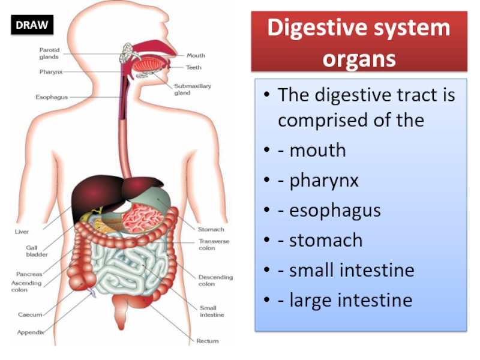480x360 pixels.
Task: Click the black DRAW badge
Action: pyautogui.click(x=32, y=25)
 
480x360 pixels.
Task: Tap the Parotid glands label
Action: pyautogui.click(x=49, y=53)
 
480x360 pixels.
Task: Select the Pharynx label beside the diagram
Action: pyautogui.click(x=51, y=72)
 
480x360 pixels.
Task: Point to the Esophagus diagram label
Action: pyautogui.click(x=52, y=97)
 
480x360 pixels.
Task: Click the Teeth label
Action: pyautogui.click(x=193, y=67)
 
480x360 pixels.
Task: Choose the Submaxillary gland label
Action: pyautogui.click(x=193, y=89)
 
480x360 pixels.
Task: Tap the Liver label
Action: pyautogui.click(x=22, y=232)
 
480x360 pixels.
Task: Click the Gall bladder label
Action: pyautogui.click(x=37, y=251)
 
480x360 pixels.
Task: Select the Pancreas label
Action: pyautogui.click(x=29, y=274)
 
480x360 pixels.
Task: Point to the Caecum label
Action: pyautogui.click(x=30, y=314)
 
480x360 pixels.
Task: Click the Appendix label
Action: pyautogui.click(x=31, y=332)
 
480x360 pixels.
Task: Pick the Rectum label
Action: pyautogui.click(x=207, y=341)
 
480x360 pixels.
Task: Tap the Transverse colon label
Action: pyautogui.click(x=214, y=245)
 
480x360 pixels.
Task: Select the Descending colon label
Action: pyautogui.click(x=215, y=280)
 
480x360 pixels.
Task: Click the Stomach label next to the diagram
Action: pyautogui.click(x=211, y=229)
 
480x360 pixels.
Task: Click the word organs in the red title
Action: pyautogui.click(x=359, y=58)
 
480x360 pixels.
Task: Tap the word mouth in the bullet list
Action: pyautogui.click(x=318, y=150)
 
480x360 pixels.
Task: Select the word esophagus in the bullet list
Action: pyautogui.click(x=335, y=211)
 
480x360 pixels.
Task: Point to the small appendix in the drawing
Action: pyautogui.click(x=91, y=292)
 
